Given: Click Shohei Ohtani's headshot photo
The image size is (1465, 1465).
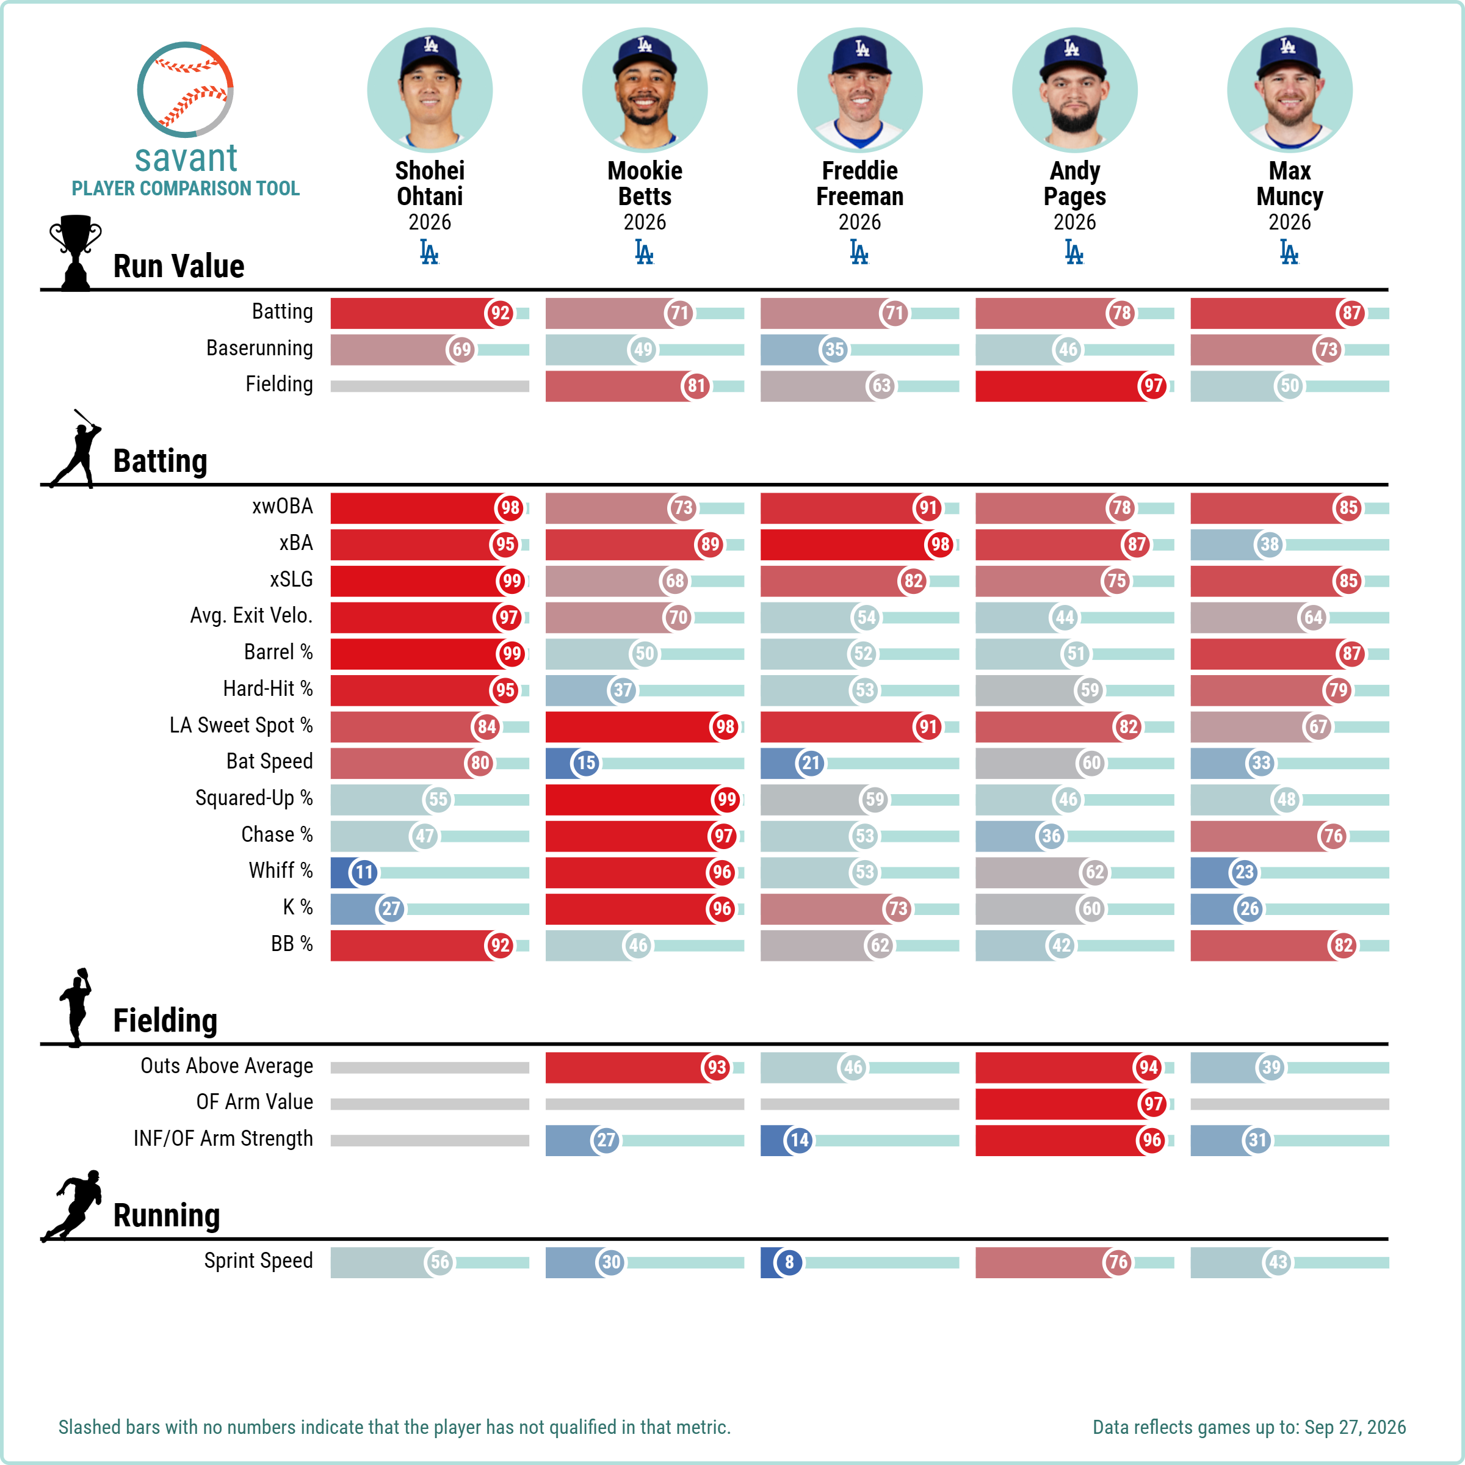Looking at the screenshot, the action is pyautogui.click(x=430, y=90).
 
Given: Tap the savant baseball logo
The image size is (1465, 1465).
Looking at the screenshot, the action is pyautogui.click(x=185, y=90).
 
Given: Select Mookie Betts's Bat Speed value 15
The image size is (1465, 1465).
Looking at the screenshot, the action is pyautogui.click(x=585, y=763).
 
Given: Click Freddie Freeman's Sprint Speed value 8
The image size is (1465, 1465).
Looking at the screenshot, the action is pyautogui.click(x=789, y=1262).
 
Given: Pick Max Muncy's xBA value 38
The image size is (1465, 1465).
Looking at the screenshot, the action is pyautogui.click(x=1270, y=544).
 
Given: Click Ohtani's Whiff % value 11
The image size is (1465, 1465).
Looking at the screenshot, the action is pyautogui.click(x=364, y=872).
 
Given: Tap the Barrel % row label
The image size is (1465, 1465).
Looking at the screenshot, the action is pyautogui.click(x=278, y=652).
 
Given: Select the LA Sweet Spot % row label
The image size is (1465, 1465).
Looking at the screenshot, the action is pyautogui.click(x=241, y=726).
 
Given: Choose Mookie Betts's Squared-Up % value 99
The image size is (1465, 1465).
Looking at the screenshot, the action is pyautogui.click(x=726, y=799).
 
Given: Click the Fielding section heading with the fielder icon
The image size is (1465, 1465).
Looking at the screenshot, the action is pyautogui.click(x=165, y=1020).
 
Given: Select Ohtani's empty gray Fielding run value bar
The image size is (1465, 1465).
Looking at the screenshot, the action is pyautogui.click(x=430, y=386).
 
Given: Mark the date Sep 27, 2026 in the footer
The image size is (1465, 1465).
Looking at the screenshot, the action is pyautogui.click(x=1355, y=1427).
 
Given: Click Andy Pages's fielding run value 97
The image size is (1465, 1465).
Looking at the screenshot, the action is pyautogui.click(x=1152, y=386).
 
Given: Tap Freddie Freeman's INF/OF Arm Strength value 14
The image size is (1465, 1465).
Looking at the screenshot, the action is pyautogui.click(x=799, y=1140).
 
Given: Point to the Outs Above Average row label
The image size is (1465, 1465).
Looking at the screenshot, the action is pyautogui.click(x=226, y=1066).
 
